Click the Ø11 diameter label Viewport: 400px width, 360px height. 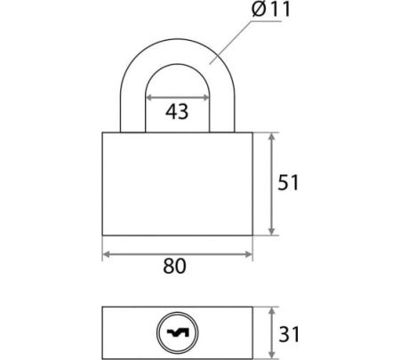271,9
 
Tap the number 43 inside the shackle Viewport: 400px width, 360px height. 177,112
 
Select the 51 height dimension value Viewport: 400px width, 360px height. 288,182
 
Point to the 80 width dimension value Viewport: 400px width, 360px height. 174,266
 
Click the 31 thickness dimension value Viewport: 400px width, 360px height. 289,334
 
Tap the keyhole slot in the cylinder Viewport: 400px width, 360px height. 178,332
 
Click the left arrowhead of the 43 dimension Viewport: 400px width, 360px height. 149,98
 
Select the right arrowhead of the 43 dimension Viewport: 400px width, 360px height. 205,98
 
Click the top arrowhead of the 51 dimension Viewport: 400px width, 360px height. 272,137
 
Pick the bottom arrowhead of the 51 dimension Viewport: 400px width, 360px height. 272,231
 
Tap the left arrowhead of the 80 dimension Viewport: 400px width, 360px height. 107,254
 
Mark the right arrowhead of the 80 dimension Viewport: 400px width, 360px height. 248,254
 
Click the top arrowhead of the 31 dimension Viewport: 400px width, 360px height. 272,311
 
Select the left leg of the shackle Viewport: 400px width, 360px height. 132,113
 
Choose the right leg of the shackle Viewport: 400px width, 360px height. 222,113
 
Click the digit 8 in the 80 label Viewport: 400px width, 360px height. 169,266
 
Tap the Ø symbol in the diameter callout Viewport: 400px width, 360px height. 259,9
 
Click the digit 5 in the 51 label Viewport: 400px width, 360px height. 284,182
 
